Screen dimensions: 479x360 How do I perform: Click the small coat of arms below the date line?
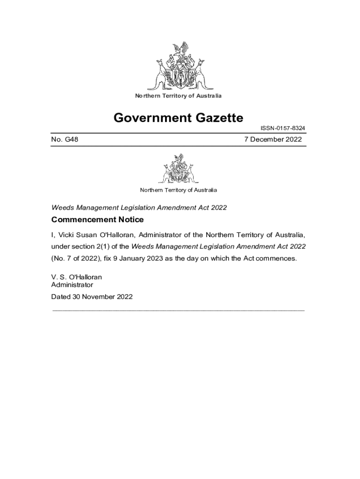tap(178, 169)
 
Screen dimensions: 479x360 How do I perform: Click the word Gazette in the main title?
tap(213, 117)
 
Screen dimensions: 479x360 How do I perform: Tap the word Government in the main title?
tap(146, 117)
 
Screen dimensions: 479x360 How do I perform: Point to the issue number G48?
tap(65, 139)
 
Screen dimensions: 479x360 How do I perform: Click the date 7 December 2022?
tap(273, 139)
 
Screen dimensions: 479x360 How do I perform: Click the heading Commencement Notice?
tap(97, 220)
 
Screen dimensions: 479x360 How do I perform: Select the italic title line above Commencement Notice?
tap(139, 207)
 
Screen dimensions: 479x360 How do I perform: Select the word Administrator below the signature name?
tap(72, 285)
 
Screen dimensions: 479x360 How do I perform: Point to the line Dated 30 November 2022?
tap(92, 297)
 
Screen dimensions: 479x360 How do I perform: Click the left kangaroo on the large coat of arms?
tap(160, 74)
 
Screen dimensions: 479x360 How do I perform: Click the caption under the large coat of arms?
tap(178, 96)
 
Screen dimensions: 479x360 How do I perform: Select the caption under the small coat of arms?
tap(178, 190)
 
